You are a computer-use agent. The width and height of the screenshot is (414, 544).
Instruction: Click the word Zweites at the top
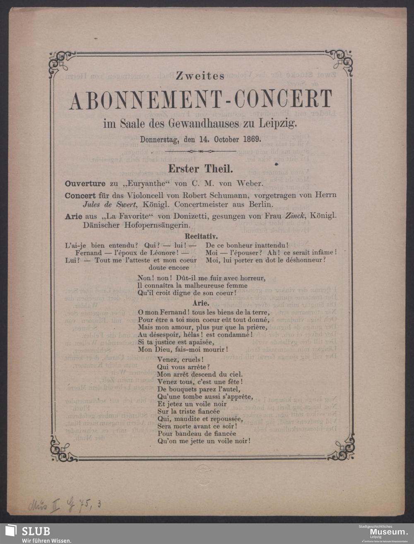tap(200, 76)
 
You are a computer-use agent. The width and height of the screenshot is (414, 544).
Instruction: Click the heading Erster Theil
tap(200, 169)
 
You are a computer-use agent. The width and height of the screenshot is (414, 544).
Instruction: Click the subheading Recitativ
tap(200, 237)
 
